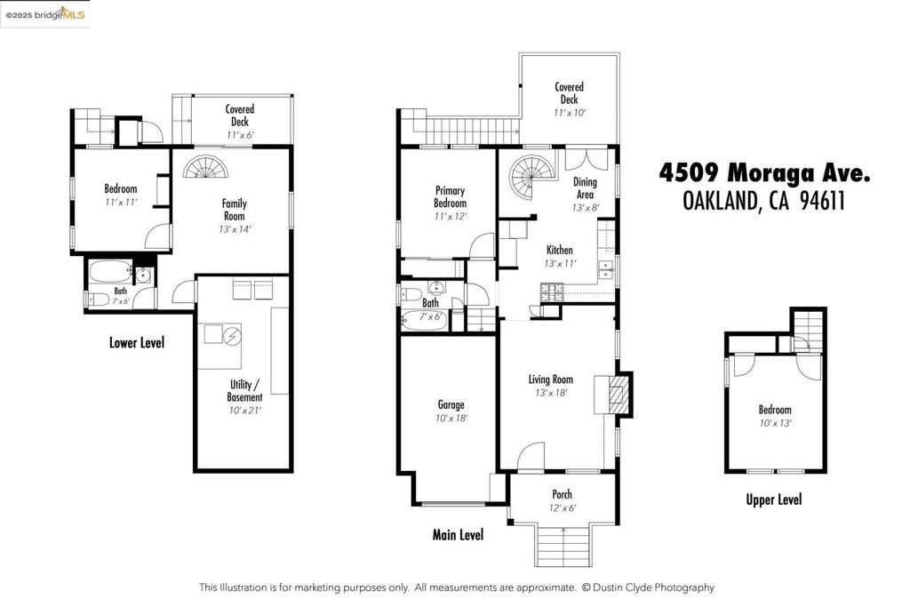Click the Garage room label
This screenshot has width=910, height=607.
(451, 404)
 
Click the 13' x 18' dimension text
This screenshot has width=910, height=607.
(551, 393)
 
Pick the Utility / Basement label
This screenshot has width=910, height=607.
(244, 390)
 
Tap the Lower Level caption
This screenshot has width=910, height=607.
(137, 342)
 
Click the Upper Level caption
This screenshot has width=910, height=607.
(774, 499)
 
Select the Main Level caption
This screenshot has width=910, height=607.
(458, 534)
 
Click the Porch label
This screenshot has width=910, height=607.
(562, 494)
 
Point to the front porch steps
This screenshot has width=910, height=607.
(563, 546)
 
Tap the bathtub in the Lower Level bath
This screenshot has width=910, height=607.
(110, 272)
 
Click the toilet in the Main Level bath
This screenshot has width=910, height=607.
(411, 294)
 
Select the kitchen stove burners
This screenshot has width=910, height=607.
(552, 292)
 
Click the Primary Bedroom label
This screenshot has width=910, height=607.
(451, 196)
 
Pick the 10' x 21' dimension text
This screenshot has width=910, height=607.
(245, 411)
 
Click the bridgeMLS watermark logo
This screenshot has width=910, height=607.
(45, 14)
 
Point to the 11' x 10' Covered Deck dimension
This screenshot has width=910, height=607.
(570, 113)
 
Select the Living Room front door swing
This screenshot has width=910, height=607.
(530, 455)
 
